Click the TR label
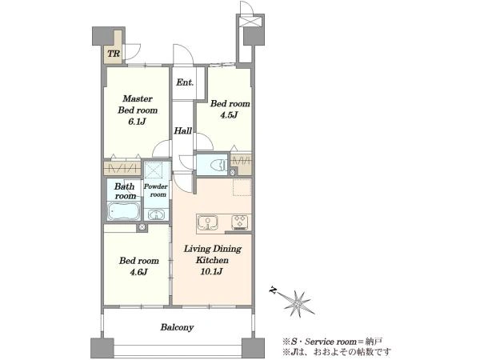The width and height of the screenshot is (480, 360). coord(114,54)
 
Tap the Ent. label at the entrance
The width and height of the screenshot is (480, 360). coord(185,82)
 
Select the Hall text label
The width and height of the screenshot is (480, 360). coord(182,131)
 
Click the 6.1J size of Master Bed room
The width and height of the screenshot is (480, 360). coord(137,122)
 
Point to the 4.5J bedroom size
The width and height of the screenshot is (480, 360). coord(230,115)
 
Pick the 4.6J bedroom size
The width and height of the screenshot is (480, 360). coord(138,272)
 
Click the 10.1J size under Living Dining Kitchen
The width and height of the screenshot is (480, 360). coord(211,271)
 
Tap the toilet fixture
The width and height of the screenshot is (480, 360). coord(218,166)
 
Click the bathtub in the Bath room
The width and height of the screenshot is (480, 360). coord(124,211)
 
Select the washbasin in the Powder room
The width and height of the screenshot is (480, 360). coord(157,214)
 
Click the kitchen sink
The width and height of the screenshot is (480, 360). coord(208,222)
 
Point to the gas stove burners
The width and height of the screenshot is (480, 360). coord(241,222)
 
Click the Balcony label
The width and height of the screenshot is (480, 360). coord(178,327)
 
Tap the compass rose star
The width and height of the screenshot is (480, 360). coord(298,303)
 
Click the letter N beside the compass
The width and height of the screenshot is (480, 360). coord(272,290)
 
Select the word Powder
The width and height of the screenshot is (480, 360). coord(156,186)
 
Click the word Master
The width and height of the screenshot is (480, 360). coord(138,98)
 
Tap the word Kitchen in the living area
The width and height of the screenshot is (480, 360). coord(212,260)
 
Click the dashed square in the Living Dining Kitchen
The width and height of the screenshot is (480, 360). coord(242,187)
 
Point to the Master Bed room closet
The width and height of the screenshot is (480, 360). coord(122,168)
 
